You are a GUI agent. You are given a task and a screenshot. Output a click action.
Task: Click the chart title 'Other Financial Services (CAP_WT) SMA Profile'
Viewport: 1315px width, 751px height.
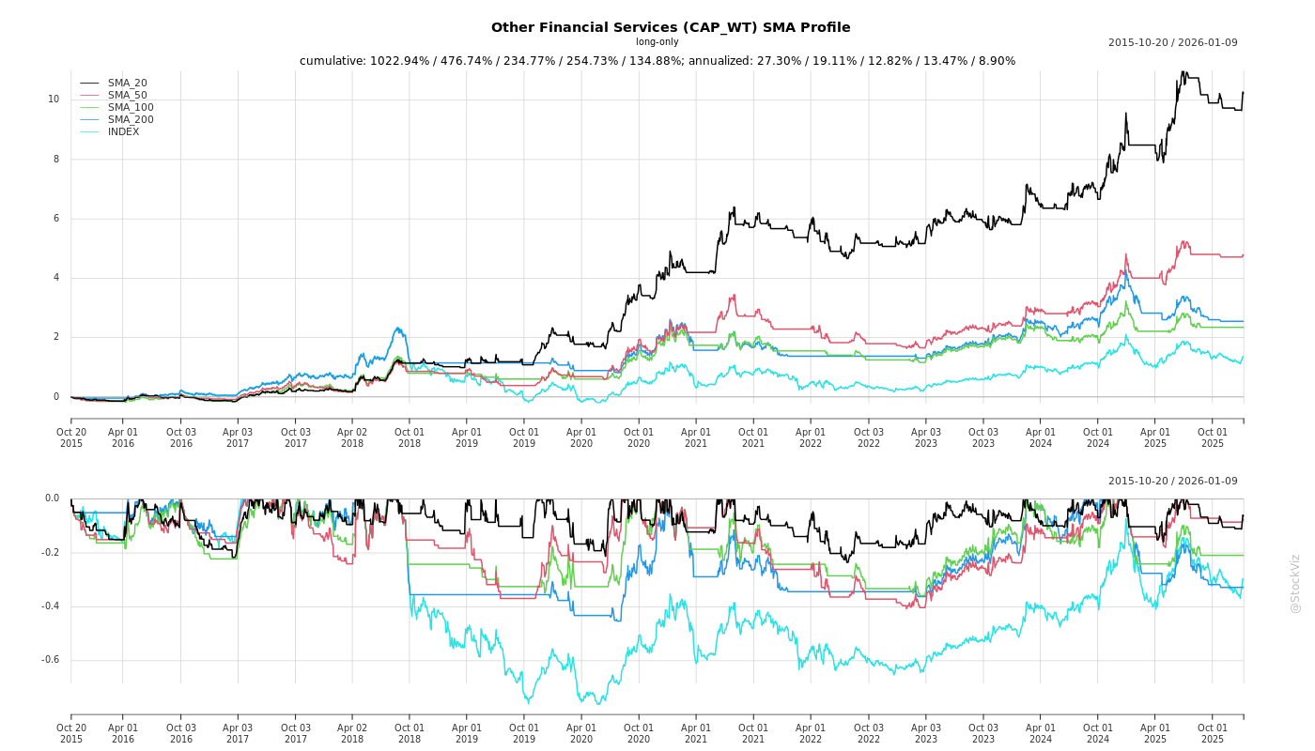[671, 27]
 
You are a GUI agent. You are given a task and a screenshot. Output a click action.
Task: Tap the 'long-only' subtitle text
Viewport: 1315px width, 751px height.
[657, 42]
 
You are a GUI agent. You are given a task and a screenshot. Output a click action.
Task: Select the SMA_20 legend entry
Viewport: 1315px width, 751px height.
[127, 84]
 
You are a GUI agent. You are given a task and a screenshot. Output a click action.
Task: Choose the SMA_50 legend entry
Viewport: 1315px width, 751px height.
[127, 96]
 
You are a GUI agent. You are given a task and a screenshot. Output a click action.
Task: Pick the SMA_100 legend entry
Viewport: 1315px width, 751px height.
[131, 108]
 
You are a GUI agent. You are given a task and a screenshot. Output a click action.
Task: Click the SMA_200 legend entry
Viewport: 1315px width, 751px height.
[131, 120]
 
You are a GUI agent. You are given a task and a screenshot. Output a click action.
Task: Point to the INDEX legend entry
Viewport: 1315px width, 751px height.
[123, 132]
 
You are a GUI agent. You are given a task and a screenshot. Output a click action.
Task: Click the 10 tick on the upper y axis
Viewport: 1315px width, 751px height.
[54, 100]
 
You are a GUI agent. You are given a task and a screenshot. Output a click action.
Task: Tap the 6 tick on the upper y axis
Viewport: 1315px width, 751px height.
[55, 219]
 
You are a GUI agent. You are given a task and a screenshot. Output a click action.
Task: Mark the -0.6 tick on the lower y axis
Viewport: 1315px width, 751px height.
[50, 660]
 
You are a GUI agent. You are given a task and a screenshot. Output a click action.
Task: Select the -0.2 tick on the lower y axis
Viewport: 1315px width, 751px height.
[50, 553]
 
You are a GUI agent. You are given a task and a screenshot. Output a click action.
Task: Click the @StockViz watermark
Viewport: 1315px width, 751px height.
[1295, 583]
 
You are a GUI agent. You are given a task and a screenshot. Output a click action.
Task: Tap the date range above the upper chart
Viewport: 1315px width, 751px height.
[1172, 43]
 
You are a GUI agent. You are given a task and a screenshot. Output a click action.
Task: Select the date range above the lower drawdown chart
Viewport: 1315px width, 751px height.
[1172, 482]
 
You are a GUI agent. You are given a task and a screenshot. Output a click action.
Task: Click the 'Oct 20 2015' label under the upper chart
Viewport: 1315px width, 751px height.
[71, 437]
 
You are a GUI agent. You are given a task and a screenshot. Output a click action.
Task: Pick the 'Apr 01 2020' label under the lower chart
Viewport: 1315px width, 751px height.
[581, 733]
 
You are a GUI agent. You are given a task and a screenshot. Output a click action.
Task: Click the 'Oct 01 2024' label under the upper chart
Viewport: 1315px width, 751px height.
[1098, 437]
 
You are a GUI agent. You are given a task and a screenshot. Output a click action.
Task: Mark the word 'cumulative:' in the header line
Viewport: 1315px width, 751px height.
[333, 61]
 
